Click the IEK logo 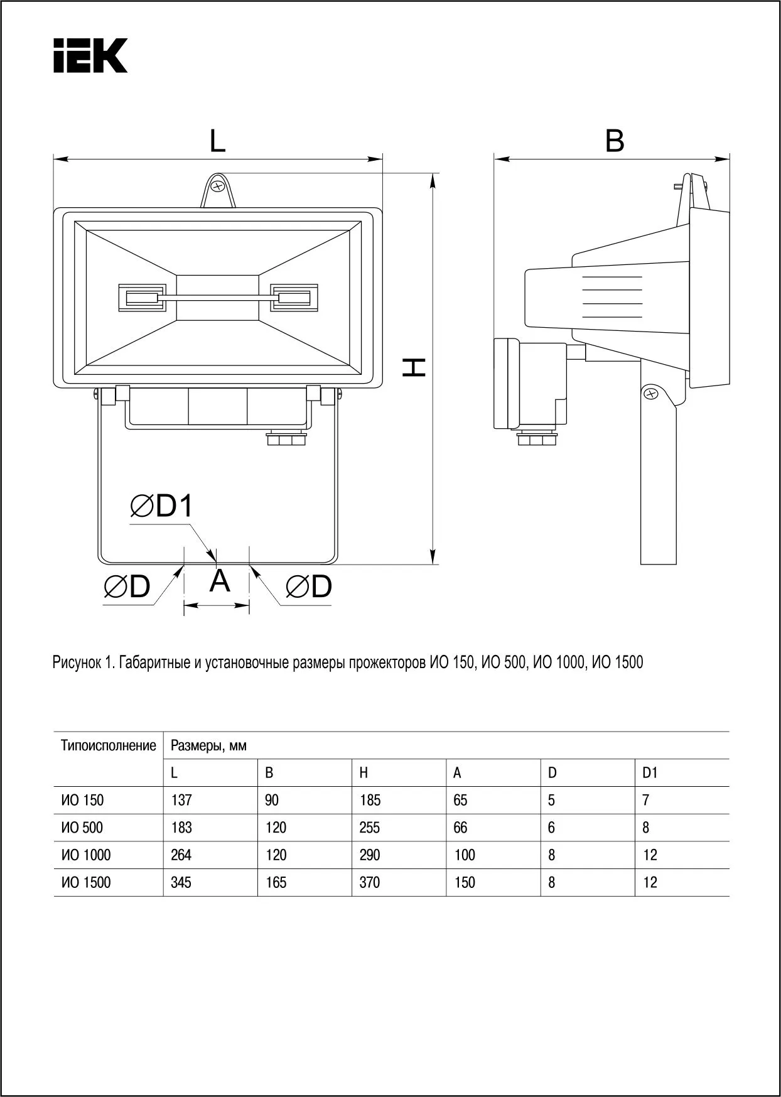(90, 56)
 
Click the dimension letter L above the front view (217, 141)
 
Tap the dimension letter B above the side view (615, 141)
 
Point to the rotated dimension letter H (414, 367)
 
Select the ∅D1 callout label (161, 506)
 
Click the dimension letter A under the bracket (219, 581)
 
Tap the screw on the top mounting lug (218, 187)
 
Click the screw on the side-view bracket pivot (651, 394)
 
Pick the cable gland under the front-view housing (286, 438)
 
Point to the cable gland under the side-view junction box (537, 438)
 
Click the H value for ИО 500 (369, 828)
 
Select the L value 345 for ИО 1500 (181, 882)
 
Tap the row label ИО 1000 (86, 855)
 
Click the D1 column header (650, 773)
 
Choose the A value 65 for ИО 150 (460, 800)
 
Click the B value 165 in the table (276, 882)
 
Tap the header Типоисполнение (108, 745)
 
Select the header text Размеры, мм (208, 745)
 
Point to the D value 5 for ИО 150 (551, 800)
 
